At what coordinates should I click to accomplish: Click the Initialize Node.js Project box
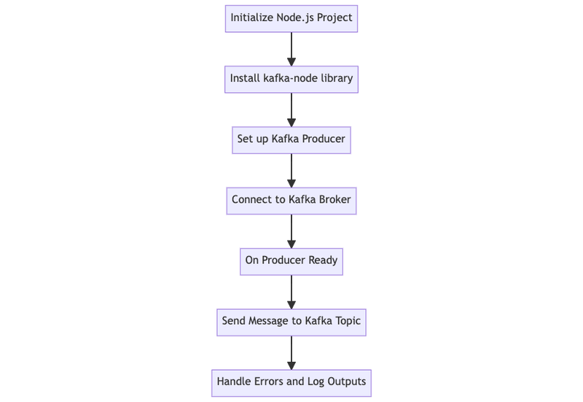click(x=291, y=19)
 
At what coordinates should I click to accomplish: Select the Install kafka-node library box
click(x=291, y=80)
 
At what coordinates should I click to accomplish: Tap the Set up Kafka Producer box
click(x=291, y=140)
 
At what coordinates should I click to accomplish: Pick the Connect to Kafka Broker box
click(x=291, y=201)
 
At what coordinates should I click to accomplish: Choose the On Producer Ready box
click(x=291, y=261)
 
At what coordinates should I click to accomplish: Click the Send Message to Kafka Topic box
click(x=291, y=322)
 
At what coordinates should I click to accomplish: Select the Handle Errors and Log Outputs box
click(x=291, y=383)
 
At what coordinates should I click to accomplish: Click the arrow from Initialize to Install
click(x=291, y=49)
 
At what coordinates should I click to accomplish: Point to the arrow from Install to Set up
click(x=291, y=110)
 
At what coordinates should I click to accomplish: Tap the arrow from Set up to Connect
click(x=291, y=171)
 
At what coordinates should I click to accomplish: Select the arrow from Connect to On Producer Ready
click(x=291, y=231)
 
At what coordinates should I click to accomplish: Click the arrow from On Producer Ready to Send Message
click(x=291, y=292)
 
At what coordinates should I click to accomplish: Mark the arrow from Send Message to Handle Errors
click(x=291, y=352)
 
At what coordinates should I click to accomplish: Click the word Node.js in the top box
click(x=290, y=18)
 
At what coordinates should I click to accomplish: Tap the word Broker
click(x=334, y=199)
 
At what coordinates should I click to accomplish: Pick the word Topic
click(x=348, y=321)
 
